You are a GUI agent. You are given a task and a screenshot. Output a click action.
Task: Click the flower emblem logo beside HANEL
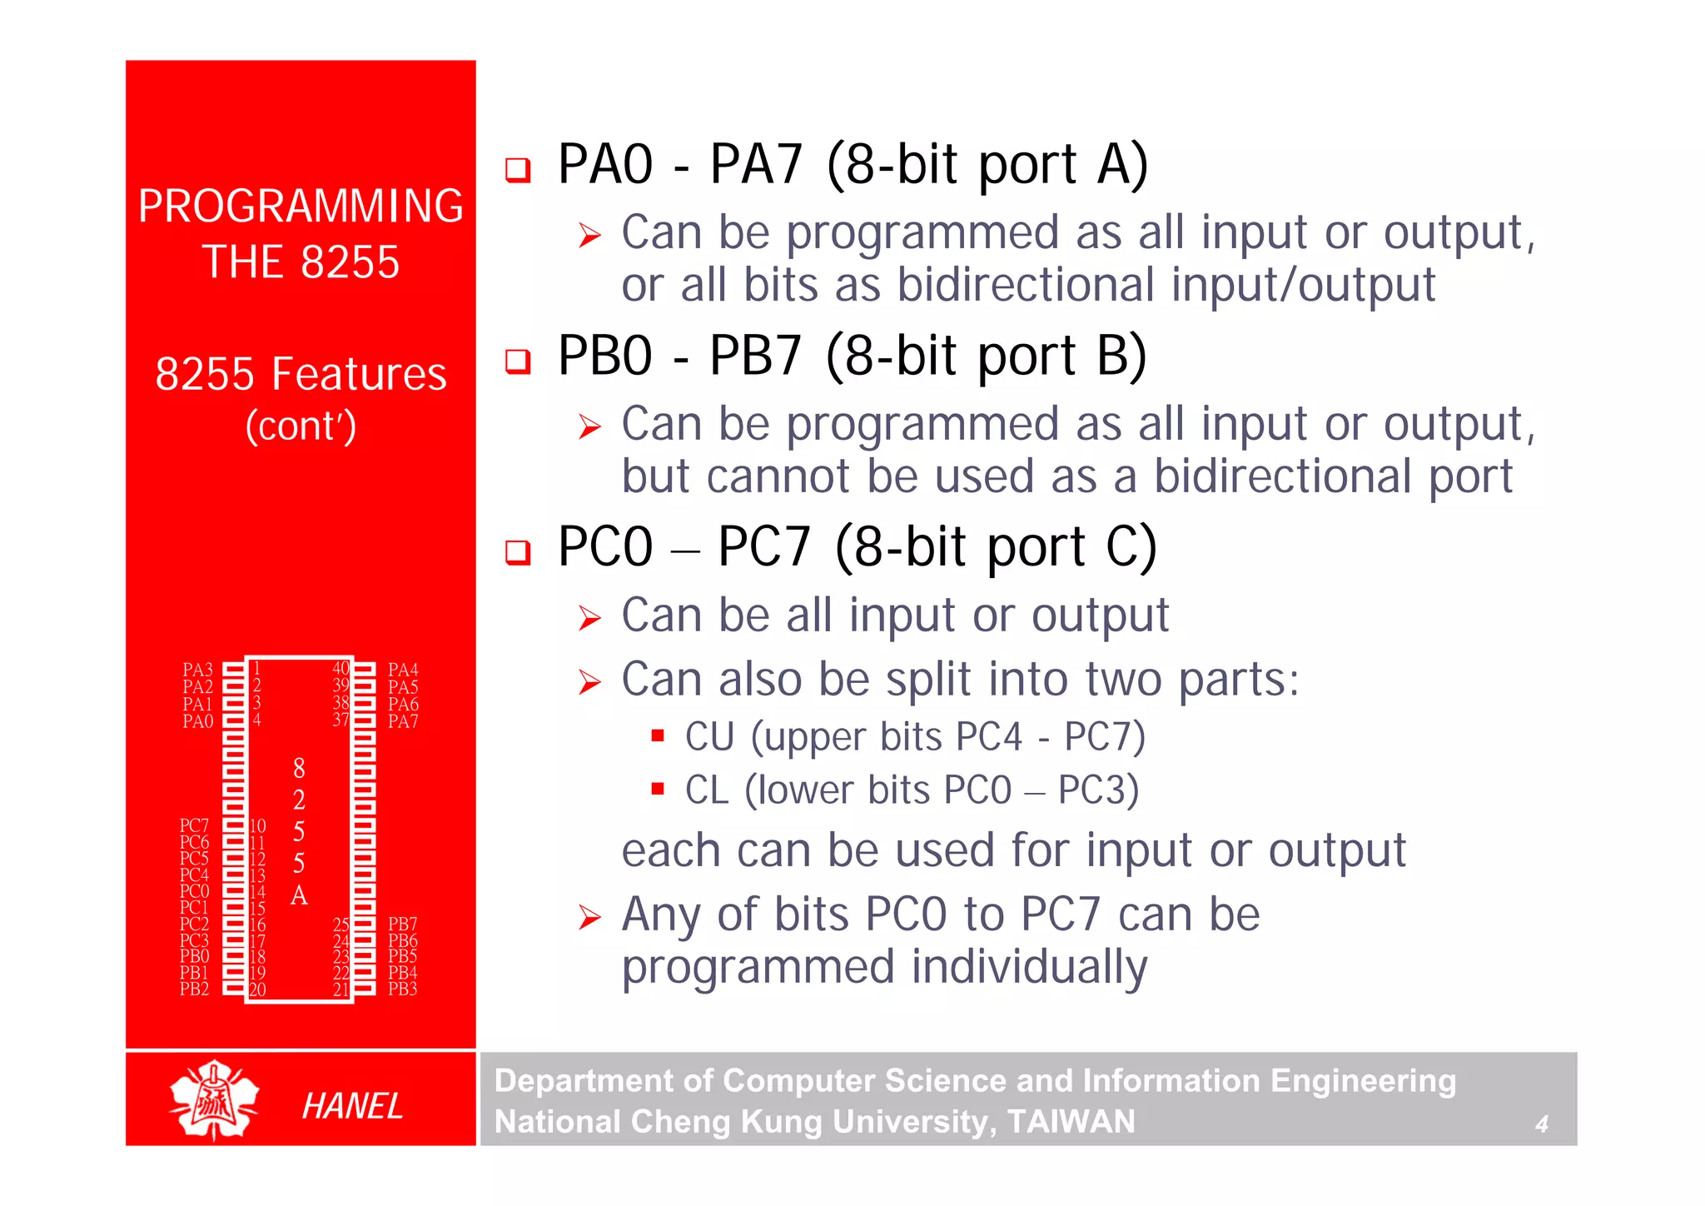[x=214, y=1100]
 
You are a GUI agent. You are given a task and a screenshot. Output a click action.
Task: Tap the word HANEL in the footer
[x=352, y=1106]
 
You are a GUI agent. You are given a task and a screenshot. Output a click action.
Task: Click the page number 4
[x=1541, y=1124]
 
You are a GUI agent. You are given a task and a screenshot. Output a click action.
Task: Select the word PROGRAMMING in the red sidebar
[x=301, y=206]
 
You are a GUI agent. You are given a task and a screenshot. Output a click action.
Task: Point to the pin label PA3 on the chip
[x=197, y=670]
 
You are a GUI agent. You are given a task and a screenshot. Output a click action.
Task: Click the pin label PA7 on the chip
[x=403, y=721]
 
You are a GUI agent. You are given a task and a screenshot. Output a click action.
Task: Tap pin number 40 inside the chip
[x=341, y=668]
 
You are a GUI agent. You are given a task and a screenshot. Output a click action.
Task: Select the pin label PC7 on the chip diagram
[x=194, y=825]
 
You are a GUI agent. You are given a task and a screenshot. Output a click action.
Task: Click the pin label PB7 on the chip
[x=403, y=924]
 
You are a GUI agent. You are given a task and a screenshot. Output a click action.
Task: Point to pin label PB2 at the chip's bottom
[x=194, y=989]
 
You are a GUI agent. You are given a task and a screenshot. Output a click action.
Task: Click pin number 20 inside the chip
[x=257, y=989]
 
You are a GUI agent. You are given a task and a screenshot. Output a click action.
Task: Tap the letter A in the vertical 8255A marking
[x=299, y=896]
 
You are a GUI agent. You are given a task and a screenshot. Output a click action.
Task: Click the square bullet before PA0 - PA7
[x=518, y=170]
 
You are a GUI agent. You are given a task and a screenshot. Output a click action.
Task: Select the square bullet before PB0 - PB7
[x=518, y=361]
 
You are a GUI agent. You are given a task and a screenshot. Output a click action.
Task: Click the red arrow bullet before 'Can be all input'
[x=589, y=618]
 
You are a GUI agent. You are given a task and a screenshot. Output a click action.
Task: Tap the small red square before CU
[x=658, y=735]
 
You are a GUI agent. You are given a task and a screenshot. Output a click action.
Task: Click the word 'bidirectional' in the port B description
[x=1282, y=476]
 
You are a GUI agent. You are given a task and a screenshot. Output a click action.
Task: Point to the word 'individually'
[x=1029, y=967]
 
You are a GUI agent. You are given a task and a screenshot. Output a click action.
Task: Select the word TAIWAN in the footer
[x=1071, y=1122]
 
